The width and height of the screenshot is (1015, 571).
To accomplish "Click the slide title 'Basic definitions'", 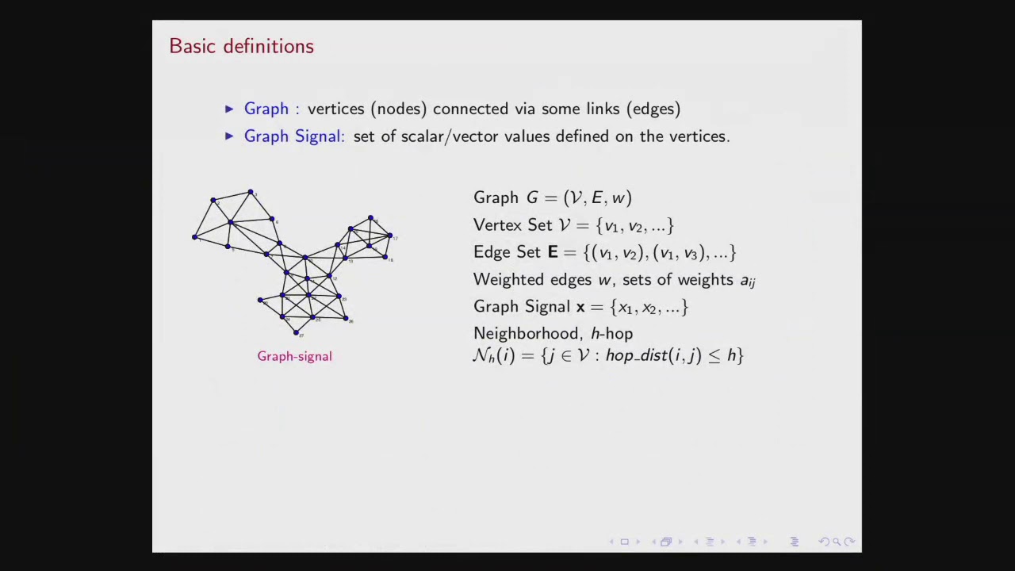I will (x=241, y=46).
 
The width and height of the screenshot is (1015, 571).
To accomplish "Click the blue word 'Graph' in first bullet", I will (x=266, y=109).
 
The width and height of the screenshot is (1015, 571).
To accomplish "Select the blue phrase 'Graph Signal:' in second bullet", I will (x=294, y=136).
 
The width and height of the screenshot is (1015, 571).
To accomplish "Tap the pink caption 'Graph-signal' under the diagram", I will (x=294, y=356).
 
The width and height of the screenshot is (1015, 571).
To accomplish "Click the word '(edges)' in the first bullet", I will (x=653, y=109).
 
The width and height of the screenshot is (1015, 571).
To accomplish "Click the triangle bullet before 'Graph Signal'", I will (x=229, y=136).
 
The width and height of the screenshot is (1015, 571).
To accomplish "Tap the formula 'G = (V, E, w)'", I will (x=579, y=198).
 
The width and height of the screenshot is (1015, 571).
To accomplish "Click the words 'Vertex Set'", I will (x=512, y=225).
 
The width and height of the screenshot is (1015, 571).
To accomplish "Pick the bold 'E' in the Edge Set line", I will (x=553, y=252).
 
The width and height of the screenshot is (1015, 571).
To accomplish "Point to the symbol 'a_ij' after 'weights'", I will (x=747, y=280).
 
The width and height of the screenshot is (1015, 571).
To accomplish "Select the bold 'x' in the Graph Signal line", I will (x=580, y=307).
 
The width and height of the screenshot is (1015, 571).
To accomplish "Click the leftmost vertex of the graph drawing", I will (x=194, y=236).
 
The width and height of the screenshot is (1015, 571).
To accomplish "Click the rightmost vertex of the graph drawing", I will (x=390, y=236).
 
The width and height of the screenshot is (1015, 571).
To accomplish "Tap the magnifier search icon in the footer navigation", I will (x=836, y=542).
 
